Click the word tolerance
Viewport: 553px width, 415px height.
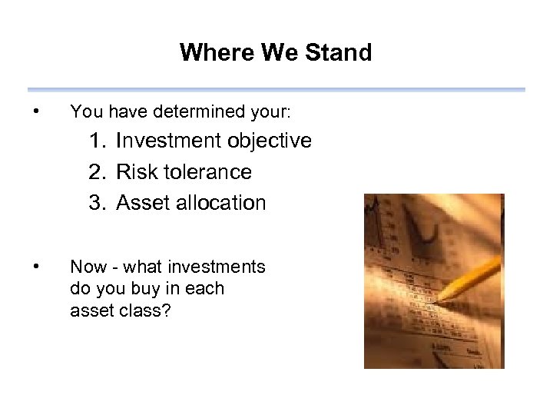pos(207,172)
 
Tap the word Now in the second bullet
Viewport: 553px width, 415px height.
pos(85,267)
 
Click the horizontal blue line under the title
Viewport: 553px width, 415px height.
pos(276,90)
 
